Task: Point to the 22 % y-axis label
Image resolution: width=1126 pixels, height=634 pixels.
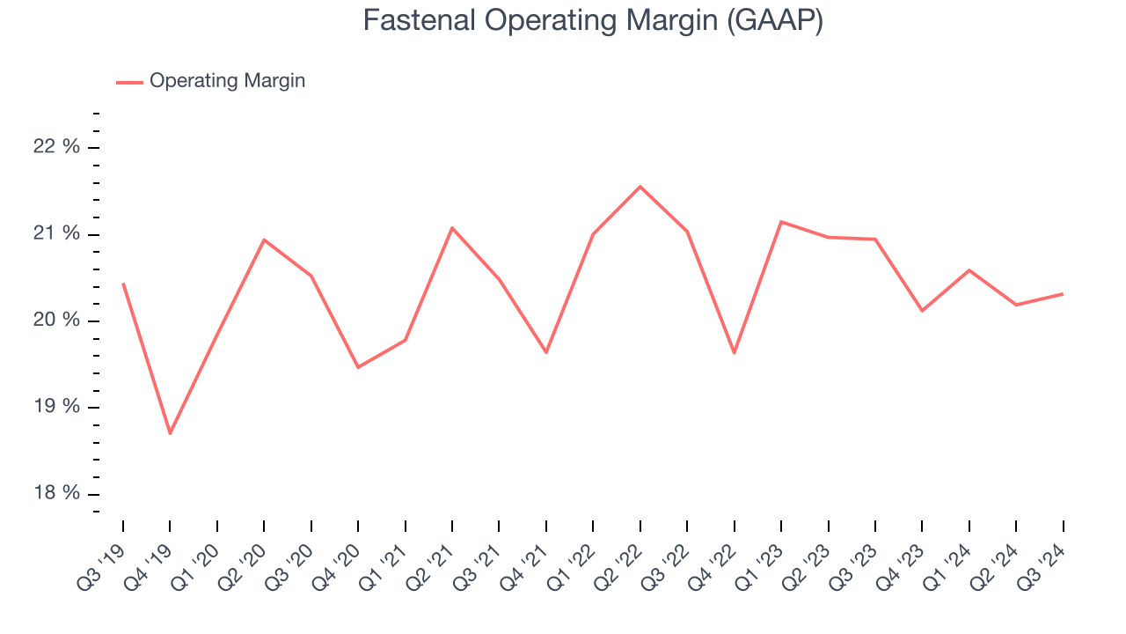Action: click(x=56, y=147)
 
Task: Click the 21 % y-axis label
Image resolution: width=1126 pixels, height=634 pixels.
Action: click(x=56, y=234)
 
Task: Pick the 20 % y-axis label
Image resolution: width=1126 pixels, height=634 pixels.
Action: click(x=56, y=321)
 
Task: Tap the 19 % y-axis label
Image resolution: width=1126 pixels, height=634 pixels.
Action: click(x=56, y=407)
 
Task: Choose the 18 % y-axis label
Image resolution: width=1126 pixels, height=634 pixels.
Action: click(x=56, y=493)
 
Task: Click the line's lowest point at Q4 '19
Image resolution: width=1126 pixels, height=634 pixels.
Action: click(x=170, y=433)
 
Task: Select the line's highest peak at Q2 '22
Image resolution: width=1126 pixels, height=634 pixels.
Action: click(x=640, y=187)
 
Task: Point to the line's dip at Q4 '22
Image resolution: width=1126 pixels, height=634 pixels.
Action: click(x=734, y=353)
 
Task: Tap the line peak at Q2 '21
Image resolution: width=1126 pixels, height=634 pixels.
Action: click(x=452, y=228)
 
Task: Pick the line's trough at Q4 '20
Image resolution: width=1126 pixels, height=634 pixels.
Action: click(x=358, y=367)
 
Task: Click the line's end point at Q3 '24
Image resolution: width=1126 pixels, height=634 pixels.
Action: click(x=1063, y=294)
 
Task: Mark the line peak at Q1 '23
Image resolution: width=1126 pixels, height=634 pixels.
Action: click(x=781, y=222)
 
